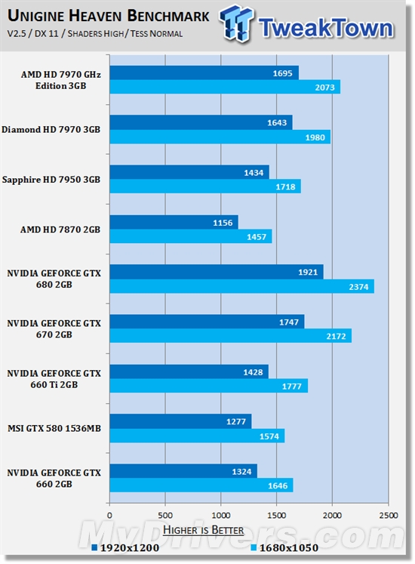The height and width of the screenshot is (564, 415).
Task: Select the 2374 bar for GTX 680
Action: [x=241, y=286]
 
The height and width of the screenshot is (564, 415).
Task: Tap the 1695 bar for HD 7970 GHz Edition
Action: [x=204, y=72]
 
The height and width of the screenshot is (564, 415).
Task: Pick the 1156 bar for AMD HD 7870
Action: [x=174, y=222]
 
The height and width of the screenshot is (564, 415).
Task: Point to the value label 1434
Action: [x=253, y=172]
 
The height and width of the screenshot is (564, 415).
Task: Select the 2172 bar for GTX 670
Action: [x=230, y=336]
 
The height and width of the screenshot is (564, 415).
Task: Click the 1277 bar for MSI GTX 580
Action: [x=180, y=421]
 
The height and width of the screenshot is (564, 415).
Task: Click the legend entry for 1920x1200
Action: [x=121, y=547]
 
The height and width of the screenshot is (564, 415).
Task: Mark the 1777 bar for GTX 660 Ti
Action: [x=208, y=386]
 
